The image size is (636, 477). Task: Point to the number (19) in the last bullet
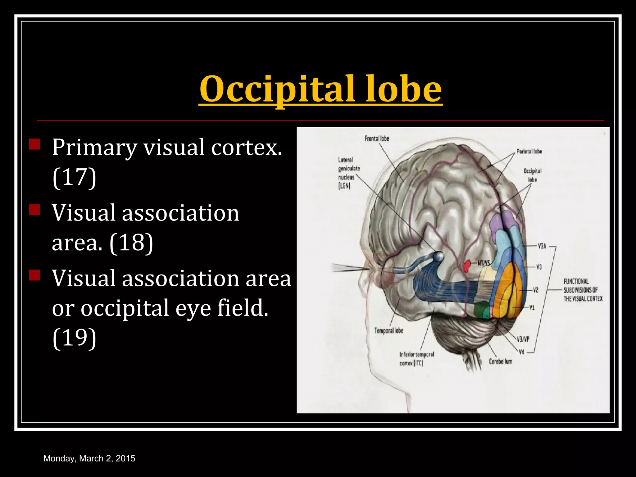(x=74, y=338)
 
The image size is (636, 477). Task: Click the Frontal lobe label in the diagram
(x=377, y=139)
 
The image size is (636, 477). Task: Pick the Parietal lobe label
(x=529, y=152)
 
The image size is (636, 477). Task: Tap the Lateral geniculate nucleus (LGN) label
(x=348, y=173)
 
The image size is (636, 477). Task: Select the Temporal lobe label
(x=388, y=331)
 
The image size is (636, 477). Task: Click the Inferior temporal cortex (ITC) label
(x=416, y=359)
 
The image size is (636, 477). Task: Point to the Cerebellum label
(x=500, y=361)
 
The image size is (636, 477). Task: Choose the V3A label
(x=542, y=246)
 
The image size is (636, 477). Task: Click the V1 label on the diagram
(x=532, y=308)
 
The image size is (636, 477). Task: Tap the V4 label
(x=522, y=352)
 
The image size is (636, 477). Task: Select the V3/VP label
(x=523, y=339)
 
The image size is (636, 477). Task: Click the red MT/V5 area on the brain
(x=466, y=266)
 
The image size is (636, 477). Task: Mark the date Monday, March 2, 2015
(x=89, y=458)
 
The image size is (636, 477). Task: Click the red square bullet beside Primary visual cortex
(x=34, y=144)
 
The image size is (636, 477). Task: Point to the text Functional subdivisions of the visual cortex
(x=583, y=290)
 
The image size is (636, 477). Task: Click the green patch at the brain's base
(x=481, y=311)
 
